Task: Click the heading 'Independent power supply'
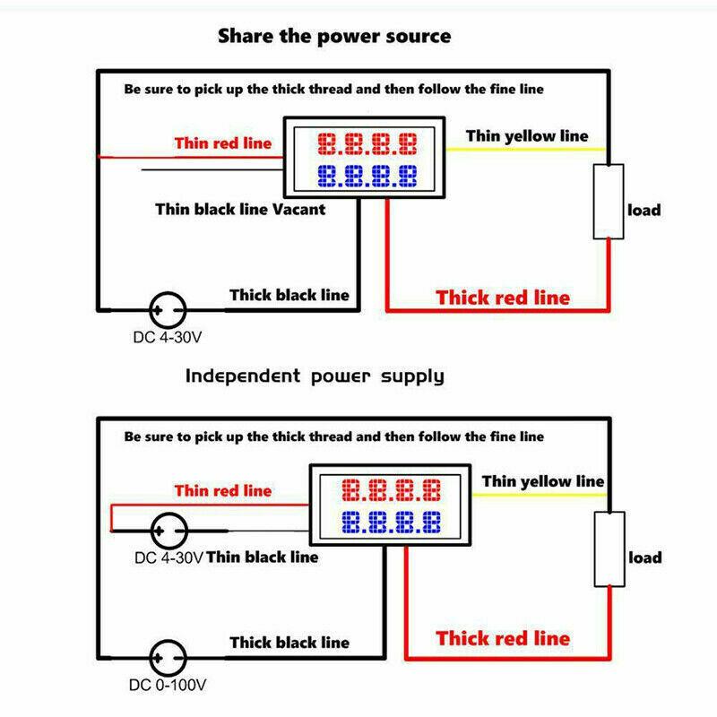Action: click(315, 376)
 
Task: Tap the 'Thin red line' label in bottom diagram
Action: click(222, 490)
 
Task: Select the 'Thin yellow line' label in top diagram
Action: click(527, 135)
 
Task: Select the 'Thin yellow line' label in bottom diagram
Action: click(543, 481)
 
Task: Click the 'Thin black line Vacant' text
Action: click(240, 209)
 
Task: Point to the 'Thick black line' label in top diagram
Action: click(289, 294)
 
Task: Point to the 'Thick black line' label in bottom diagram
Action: click(289, 642)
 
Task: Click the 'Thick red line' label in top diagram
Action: click(503, 298)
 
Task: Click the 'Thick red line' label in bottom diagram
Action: click(503, 638)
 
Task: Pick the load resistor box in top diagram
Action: click(609, 202)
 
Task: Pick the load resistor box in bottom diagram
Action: click(609, 549)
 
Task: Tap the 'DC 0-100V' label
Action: click(168, 687)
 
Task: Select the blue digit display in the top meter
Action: click(367, 174)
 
